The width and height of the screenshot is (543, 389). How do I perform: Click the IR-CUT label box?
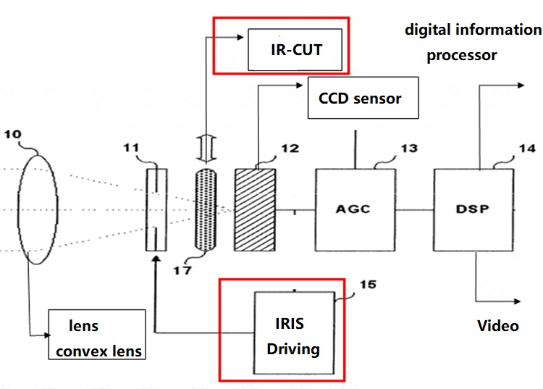(x=295, y=49)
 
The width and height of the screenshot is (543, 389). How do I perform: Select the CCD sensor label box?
(x=363, y=98)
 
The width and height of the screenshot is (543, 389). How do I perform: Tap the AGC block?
(x=355, y=210)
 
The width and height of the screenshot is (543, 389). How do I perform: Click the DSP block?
(x=473, y=210)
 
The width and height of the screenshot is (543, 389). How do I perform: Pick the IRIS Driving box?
(x=295, y=333)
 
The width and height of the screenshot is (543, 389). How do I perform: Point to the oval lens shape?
(x=38, y=209)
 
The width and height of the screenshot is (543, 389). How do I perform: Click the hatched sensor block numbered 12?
(x=256, y=210)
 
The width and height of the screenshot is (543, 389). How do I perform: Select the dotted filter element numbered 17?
(x=206, y=209)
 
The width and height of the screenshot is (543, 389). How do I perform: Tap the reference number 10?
(x=12, y=134)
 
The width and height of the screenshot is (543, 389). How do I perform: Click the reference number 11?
(x=131, y=148)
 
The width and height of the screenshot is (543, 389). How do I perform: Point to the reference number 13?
(x=409, y=149)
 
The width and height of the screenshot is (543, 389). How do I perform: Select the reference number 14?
(x=527, y=149)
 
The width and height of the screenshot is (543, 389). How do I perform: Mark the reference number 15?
(x=368, y=285)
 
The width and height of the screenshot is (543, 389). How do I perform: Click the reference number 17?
(x=182, y=270)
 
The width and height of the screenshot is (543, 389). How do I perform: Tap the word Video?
(x=498, y=325)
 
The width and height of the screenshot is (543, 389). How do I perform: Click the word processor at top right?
(x=462, y=56)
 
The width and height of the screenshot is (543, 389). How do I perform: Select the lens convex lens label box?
(x=97, y=334)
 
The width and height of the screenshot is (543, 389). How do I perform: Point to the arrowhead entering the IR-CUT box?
(x=240, y=37)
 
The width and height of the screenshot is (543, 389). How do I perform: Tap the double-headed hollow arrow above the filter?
(x=206, y=149)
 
